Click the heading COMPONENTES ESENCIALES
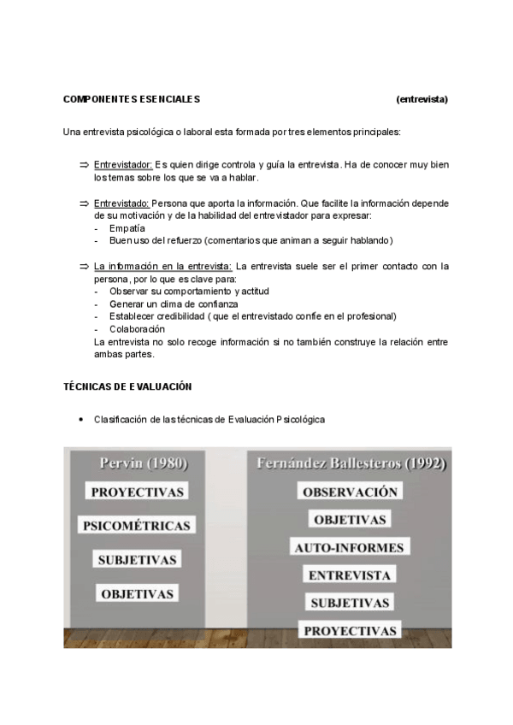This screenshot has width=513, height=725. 132,99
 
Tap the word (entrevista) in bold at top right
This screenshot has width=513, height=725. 422,99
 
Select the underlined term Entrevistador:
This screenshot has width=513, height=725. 123,164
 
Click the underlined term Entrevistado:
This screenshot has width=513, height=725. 121,203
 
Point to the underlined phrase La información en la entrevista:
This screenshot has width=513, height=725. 162,266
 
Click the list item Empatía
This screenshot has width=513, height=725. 127,228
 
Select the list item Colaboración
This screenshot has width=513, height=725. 137,329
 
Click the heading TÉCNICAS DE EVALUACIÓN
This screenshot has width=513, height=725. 127,386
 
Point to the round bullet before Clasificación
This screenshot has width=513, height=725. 80,420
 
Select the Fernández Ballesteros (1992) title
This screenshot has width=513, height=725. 351,464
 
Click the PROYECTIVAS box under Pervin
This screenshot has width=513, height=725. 138,492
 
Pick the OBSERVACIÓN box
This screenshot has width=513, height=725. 351,492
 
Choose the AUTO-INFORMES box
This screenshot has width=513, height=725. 351,547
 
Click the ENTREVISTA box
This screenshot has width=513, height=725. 351,575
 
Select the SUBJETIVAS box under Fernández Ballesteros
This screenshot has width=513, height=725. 351,603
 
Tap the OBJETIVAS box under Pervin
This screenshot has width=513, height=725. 138,593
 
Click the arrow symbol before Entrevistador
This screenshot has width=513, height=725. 84,164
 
